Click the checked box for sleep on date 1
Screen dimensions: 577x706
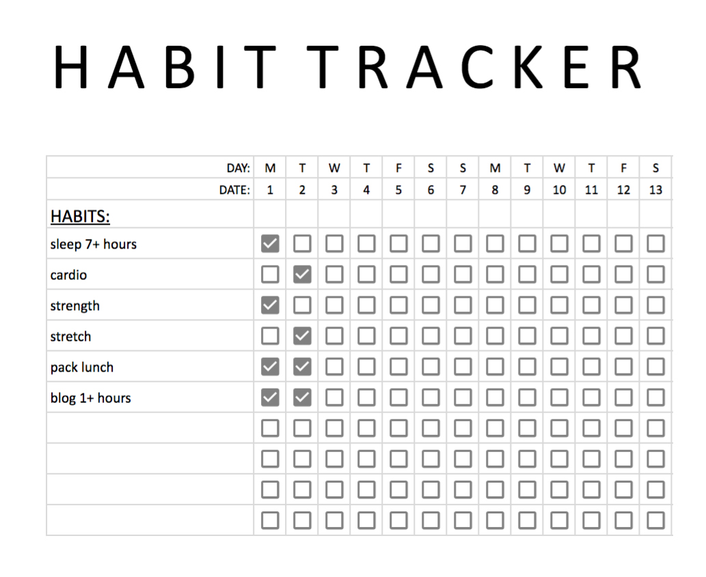tap(270, 244)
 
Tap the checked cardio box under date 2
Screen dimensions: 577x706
tap(302, 275)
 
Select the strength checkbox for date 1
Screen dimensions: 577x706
tap(270, 305)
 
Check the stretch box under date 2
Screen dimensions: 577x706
tap(302, 336)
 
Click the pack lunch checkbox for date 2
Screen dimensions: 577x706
tap(302, 367)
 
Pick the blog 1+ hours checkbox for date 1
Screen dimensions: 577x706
tap(270, 397)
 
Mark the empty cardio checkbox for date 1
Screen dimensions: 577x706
tap(270, 275)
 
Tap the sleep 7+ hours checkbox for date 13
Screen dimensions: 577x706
tap(655, 244)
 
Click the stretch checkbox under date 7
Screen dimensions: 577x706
tap(463, 336)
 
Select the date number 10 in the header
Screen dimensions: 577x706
tap(559, 190)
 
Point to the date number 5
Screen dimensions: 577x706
tap(398, 190)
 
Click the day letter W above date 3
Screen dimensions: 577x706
tap(334, 168)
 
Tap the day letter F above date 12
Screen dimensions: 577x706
tap(623, 168)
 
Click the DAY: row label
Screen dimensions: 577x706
tap(239, 168)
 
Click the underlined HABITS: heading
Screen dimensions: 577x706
tap(80, 216)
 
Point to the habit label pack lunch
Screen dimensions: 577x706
tap(82, 367)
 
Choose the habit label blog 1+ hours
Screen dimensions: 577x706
tap(90, 398)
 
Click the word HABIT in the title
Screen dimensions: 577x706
tap(164, 68)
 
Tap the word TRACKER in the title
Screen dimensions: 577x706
tap(480, 68)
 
